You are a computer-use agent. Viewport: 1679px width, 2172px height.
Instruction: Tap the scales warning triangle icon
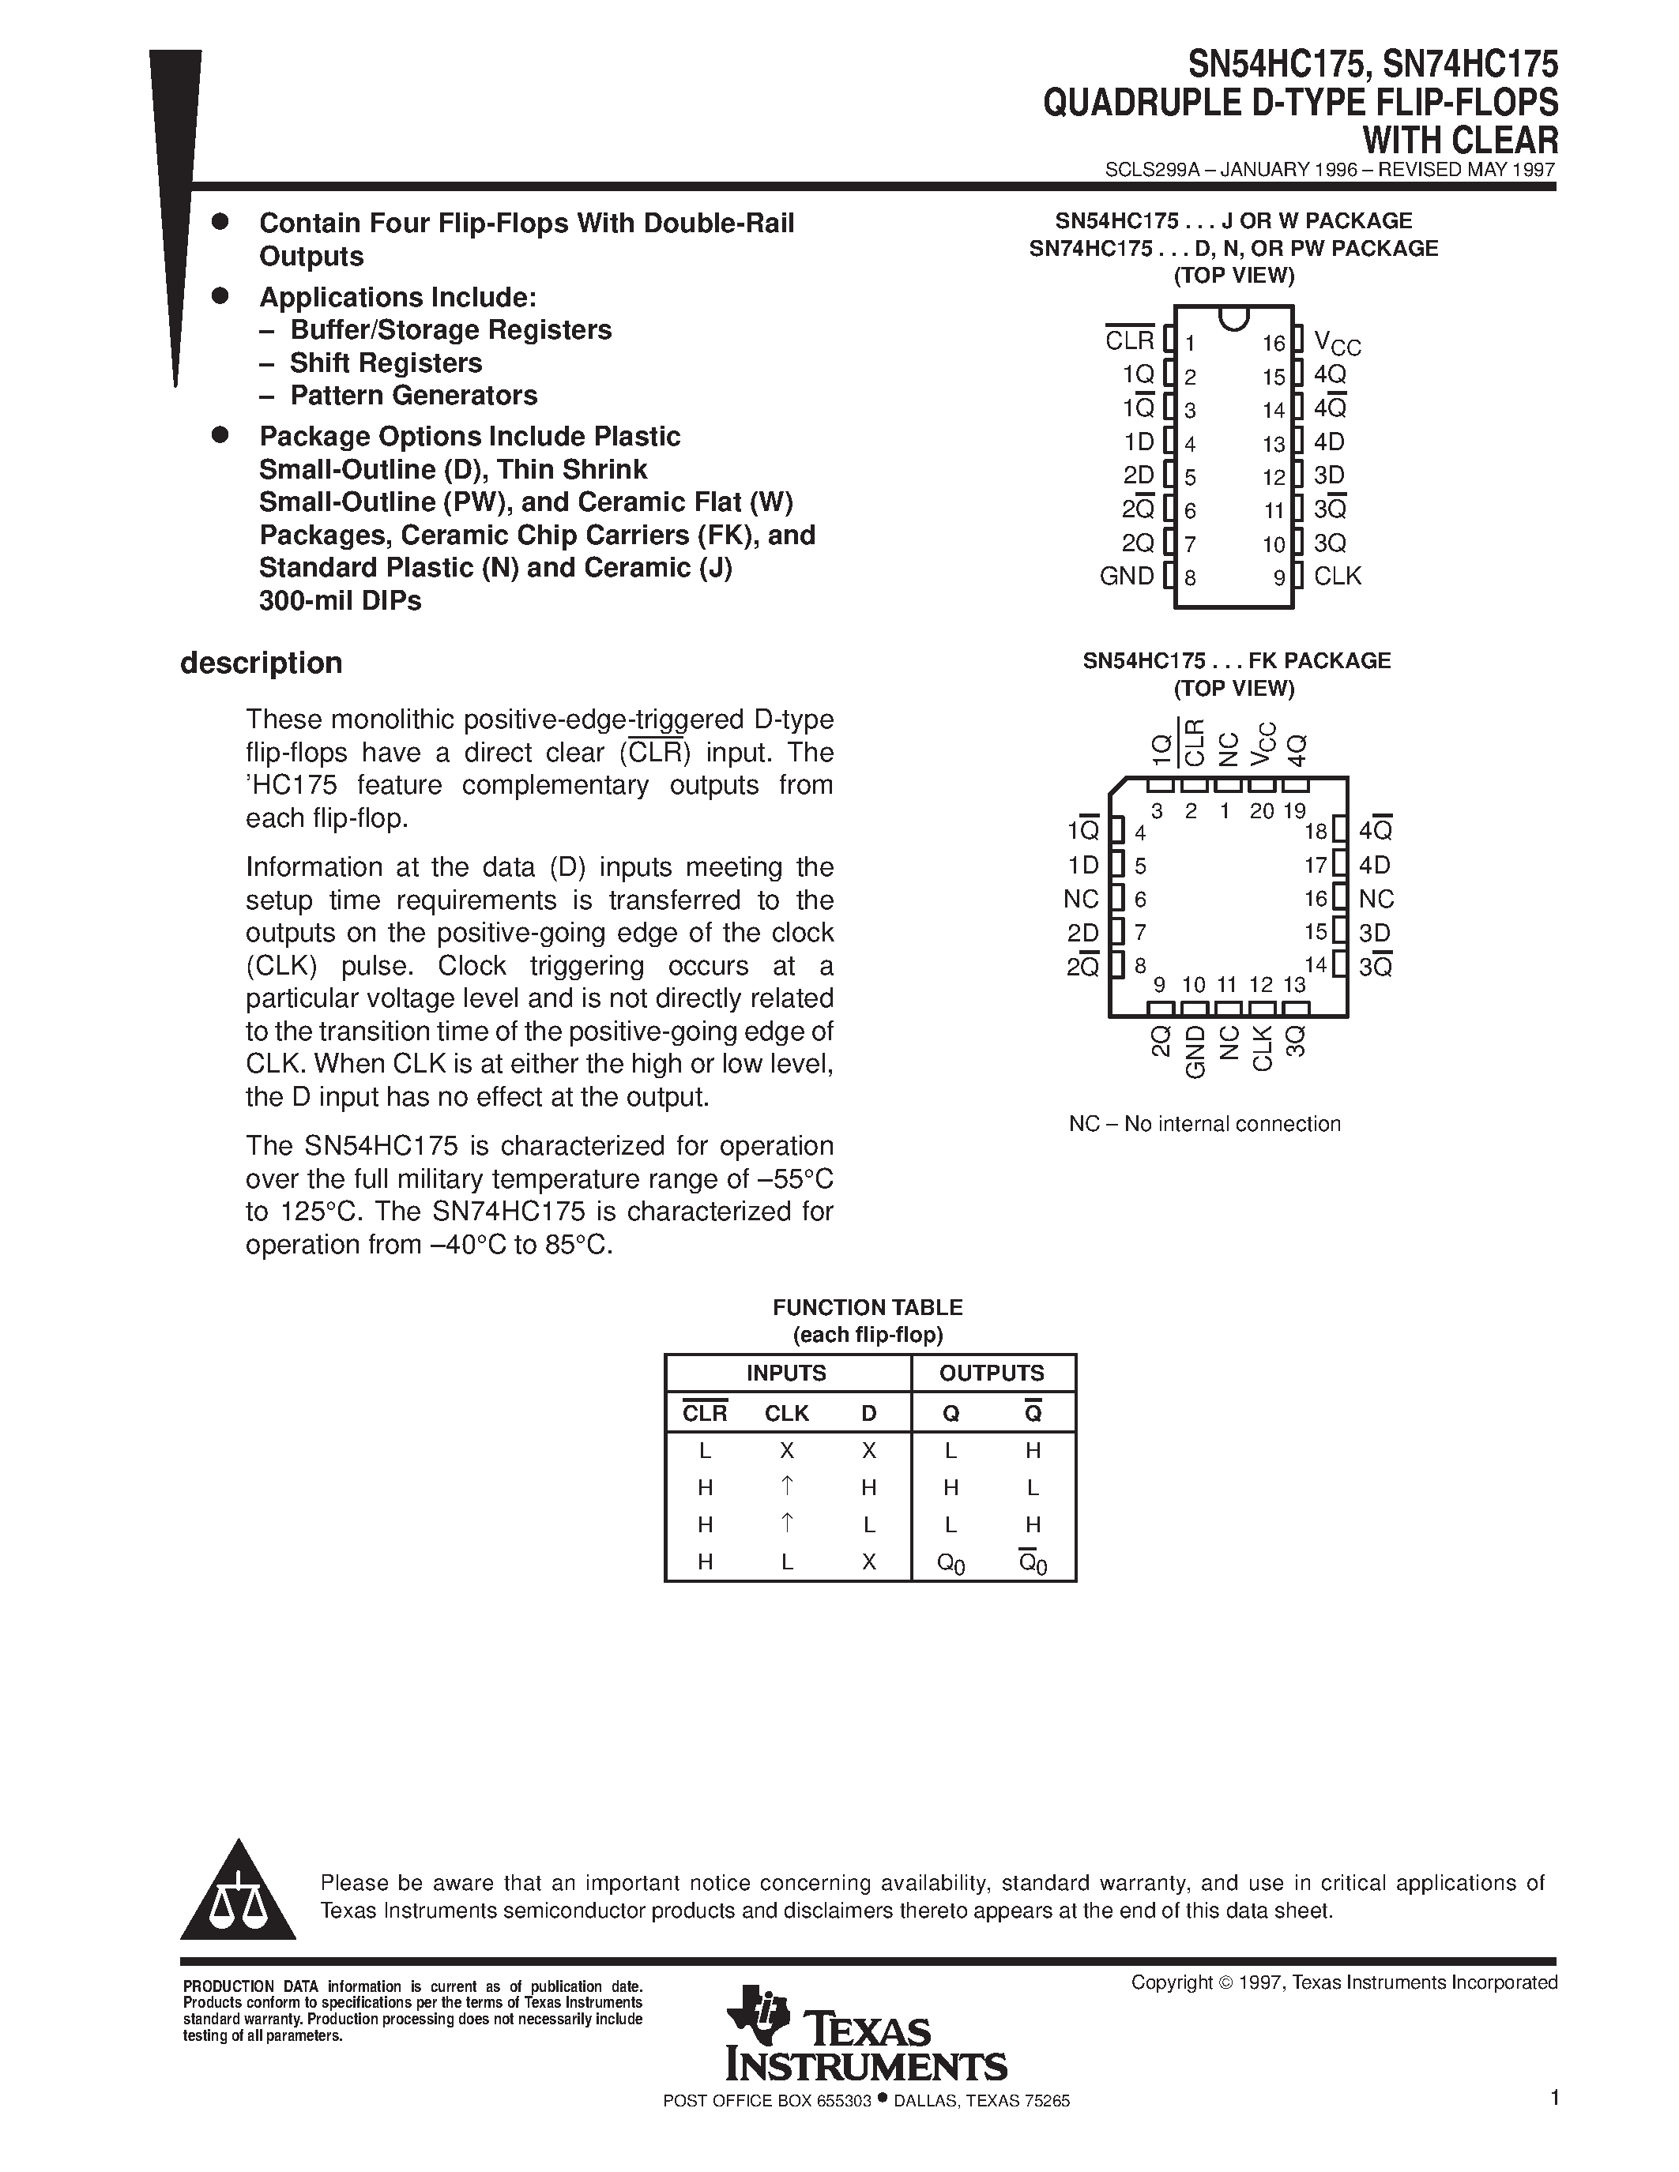pyautogui.click(x=239, y=1896)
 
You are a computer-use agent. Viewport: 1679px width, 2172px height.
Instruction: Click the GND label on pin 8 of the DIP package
pyautogui.click(x=1126, y=577)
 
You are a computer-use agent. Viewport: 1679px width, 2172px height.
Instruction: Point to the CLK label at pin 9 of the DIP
pyautogui.click(x=1337, y=577)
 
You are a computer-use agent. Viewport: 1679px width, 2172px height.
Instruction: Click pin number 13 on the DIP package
pyautogui.click(x=1274, y=445)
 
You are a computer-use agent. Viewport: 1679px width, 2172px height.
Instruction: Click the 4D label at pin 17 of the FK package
pyautogui.click(x=1375, y=865)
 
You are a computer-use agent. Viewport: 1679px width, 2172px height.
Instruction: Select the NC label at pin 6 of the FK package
pyautogui.click(x=1081, y=899)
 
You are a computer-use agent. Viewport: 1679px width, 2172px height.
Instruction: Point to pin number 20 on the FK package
pyautogui.click(x=1261, y=810)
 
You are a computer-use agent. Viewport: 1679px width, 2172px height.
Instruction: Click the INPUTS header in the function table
pyautogui.click(x=786, y=1373)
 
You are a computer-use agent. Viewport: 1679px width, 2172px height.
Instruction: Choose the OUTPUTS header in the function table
pyautogui.click(x=992, y=1373)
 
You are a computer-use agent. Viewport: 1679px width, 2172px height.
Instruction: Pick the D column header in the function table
pyautogui.click(x=868, y=1413)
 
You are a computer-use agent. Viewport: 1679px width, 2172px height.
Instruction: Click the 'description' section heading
pyautogui.click(x=261, y=663)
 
